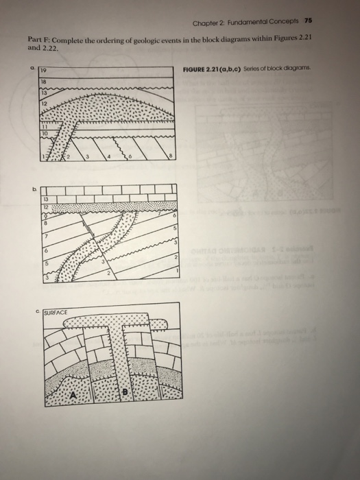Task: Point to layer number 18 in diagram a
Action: [42, 80]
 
